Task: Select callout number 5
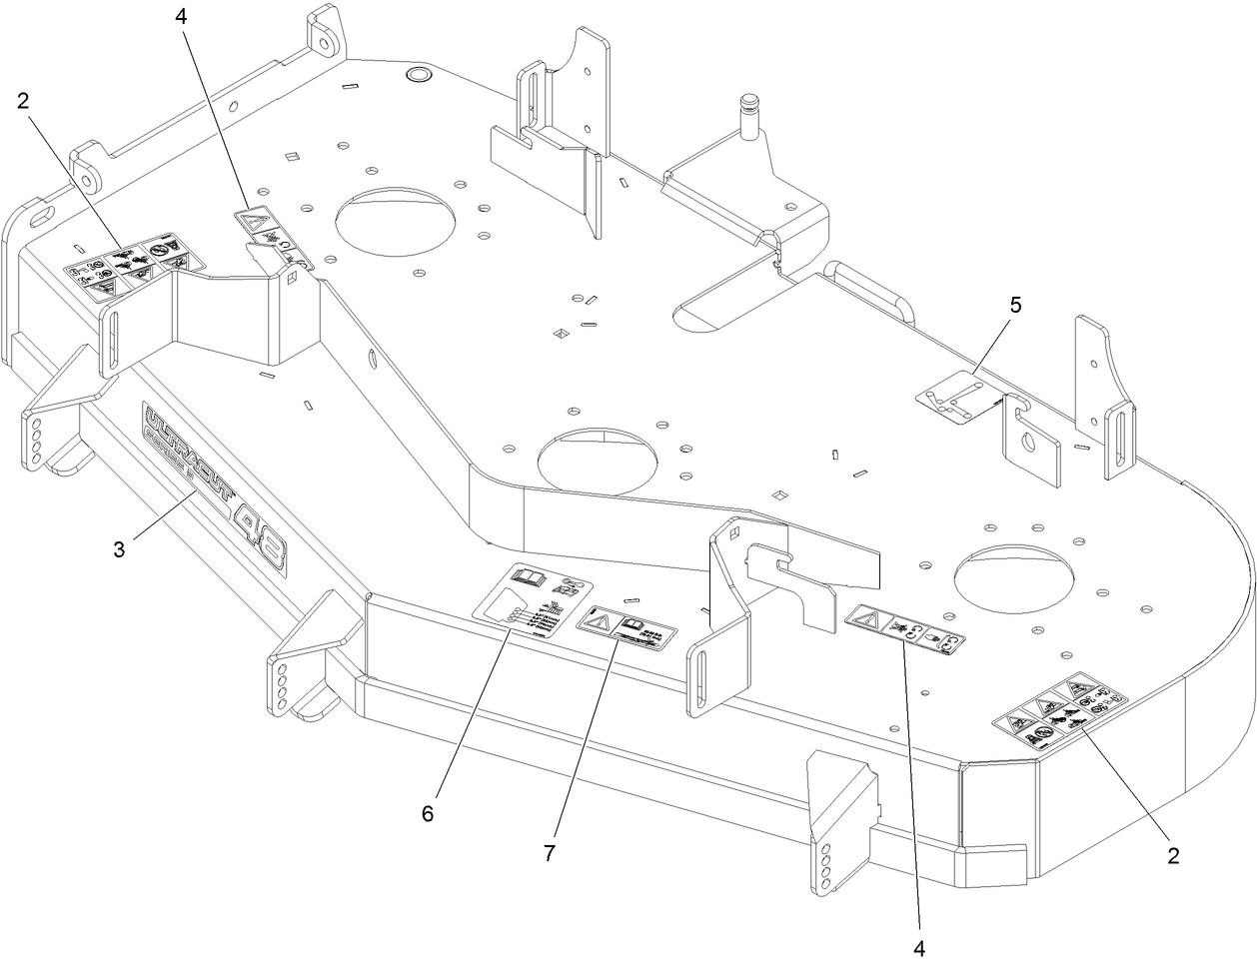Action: click(x=1015, y=306)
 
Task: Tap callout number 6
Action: click(x=428, y=813)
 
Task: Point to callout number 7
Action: click(x=550, y=853)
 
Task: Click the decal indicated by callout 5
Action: click(x=956, y=398)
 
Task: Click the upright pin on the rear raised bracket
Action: click(x=749, y=109)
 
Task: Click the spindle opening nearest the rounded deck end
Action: click(x=1014, y=573)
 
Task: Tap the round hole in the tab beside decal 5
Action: click(x=1028, y=443)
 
